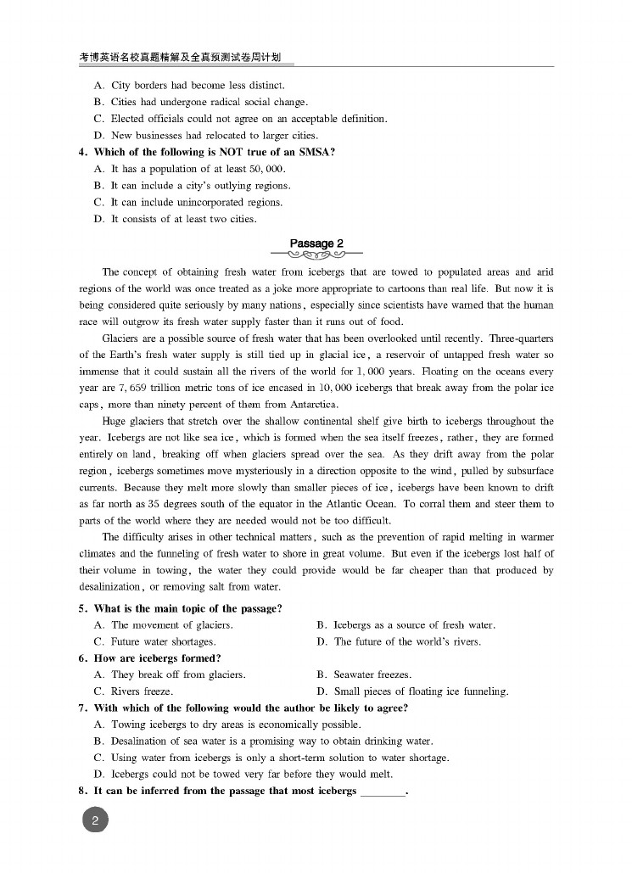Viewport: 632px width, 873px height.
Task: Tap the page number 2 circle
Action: point(95,820)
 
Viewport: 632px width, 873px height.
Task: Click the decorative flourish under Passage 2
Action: point(316,253)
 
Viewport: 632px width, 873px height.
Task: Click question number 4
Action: point(81,152)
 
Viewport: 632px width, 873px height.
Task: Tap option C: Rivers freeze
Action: point(142,691)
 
